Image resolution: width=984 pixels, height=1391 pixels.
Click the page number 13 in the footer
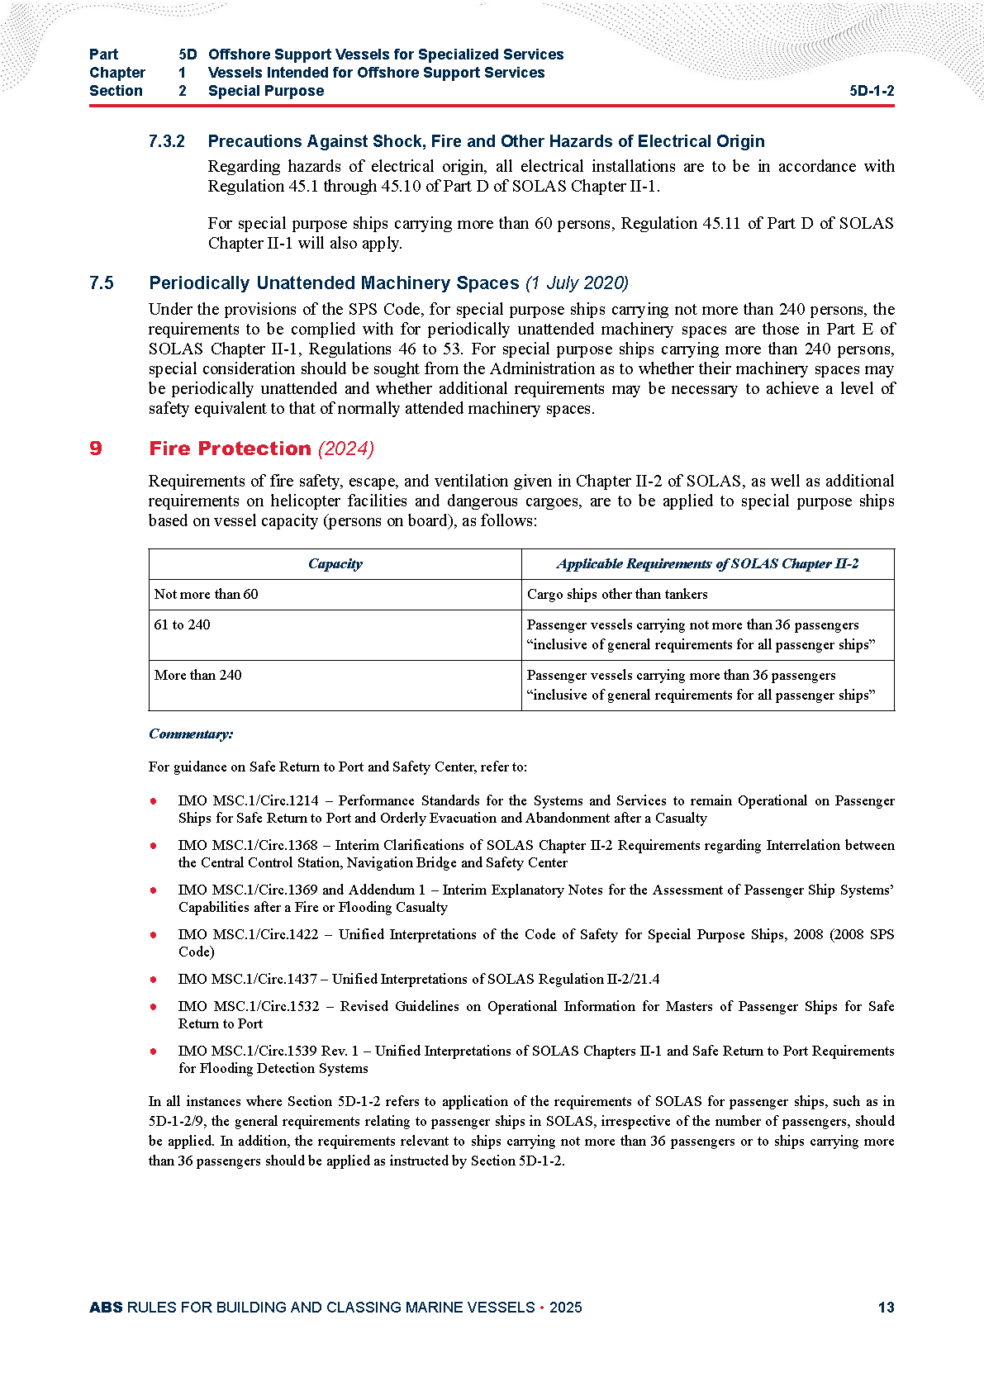tap(886, 1308)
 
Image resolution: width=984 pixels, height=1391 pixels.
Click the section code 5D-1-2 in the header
tap(872, 91)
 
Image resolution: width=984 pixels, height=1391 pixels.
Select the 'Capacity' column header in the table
tap(335, 564)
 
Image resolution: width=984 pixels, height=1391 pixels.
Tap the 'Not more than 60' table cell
tap(207, 595)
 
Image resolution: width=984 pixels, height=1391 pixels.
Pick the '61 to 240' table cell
tap(183, 625)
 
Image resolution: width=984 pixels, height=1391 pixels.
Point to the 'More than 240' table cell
tap(198, 676)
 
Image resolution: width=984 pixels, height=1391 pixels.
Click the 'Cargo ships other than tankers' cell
tap(617, 595)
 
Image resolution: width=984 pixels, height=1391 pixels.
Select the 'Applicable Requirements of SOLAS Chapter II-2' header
tap(707, 564)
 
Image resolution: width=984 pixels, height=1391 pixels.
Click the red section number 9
tap(96, 449)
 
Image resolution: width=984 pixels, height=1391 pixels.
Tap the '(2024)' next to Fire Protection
tap(346, 449)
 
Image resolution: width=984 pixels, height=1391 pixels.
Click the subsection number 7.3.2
tap(167, 141)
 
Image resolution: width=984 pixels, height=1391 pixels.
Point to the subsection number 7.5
tap(102, 283)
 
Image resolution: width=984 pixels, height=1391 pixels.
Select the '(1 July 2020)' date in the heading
tap(577, 283)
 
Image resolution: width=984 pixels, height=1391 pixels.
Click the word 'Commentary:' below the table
tap(191, 734)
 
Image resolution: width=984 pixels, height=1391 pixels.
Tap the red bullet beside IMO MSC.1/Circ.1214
tap(154, 801)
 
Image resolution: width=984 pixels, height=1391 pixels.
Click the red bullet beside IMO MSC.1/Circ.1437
tap(154, 980)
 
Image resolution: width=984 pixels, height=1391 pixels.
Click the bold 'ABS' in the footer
tap(106, 1308)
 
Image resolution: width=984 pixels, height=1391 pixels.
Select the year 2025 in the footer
tap(565, 1308)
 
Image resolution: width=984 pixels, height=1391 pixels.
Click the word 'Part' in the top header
tap(104, 55)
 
